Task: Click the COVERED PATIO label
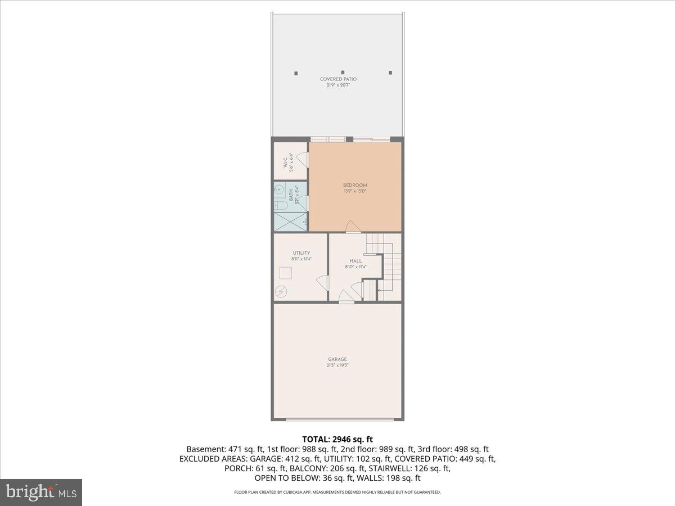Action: pos(338,79)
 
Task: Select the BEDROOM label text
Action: pos(355,186)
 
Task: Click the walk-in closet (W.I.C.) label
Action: pos(285,162)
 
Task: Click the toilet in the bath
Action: pos(281,206)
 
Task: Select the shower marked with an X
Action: pos(290,222)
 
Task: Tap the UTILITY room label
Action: pos(301,253)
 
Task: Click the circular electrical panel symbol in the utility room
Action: pos(281,292)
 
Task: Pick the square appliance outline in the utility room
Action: pos(286,273)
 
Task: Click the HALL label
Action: pos(355,261)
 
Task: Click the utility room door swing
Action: pos(322,282)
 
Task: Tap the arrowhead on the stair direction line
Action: pos(379,290)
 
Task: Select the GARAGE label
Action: pos(337,359)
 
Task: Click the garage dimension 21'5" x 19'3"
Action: pos(337,365)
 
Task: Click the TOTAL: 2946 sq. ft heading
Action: pos(337,439)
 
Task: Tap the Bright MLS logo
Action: pos(40,492)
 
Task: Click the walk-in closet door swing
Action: pos(304,160)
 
